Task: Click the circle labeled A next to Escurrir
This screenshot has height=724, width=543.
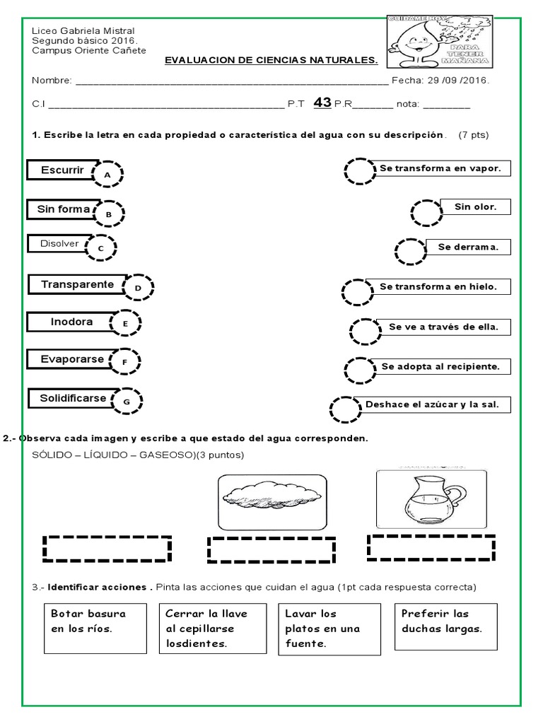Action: (x=107, y=173)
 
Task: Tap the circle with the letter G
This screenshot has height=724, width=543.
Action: (x=127, y=402)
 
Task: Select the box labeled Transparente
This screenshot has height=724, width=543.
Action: (x=77, y=284)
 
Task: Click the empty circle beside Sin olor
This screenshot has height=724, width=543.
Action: (x=426, y=212)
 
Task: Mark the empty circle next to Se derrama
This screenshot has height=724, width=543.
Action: (x=410, y=251)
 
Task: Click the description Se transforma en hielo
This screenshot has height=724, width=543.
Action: (x=438, y=286)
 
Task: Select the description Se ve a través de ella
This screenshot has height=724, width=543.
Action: (x=443, y=327)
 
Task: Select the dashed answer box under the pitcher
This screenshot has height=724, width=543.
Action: (x=431, y=547)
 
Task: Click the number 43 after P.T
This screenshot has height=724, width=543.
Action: (x=322, y=103)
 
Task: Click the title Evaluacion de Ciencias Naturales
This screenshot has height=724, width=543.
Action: (x=271, y=60)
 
